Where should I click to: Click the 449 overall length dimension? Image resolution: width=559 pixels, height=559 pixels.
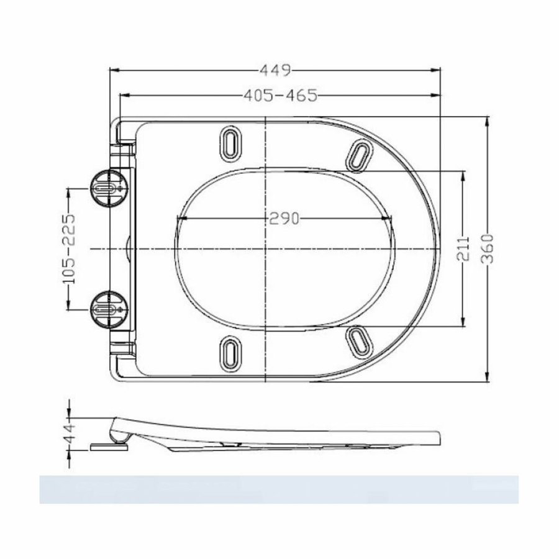tap(275, 70)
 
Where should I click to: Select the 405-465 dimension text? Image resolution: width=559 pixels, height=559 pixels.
tap(279, 96)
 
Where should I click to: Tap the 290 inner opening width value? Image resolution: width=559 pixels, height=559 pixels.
tap(284, 218)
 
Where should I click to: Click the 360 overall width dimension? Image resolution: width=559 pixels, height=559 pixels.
tap(488, 248)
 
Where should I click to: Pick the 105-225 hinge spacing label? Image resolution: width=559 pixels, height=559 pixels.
tap(70, 248)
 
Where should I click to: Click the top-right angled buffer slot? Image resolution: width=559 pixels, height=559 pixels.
tap(359, 155)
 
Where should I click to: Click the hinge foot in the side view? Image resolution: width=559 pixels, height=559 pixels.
tap(109, 445)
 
